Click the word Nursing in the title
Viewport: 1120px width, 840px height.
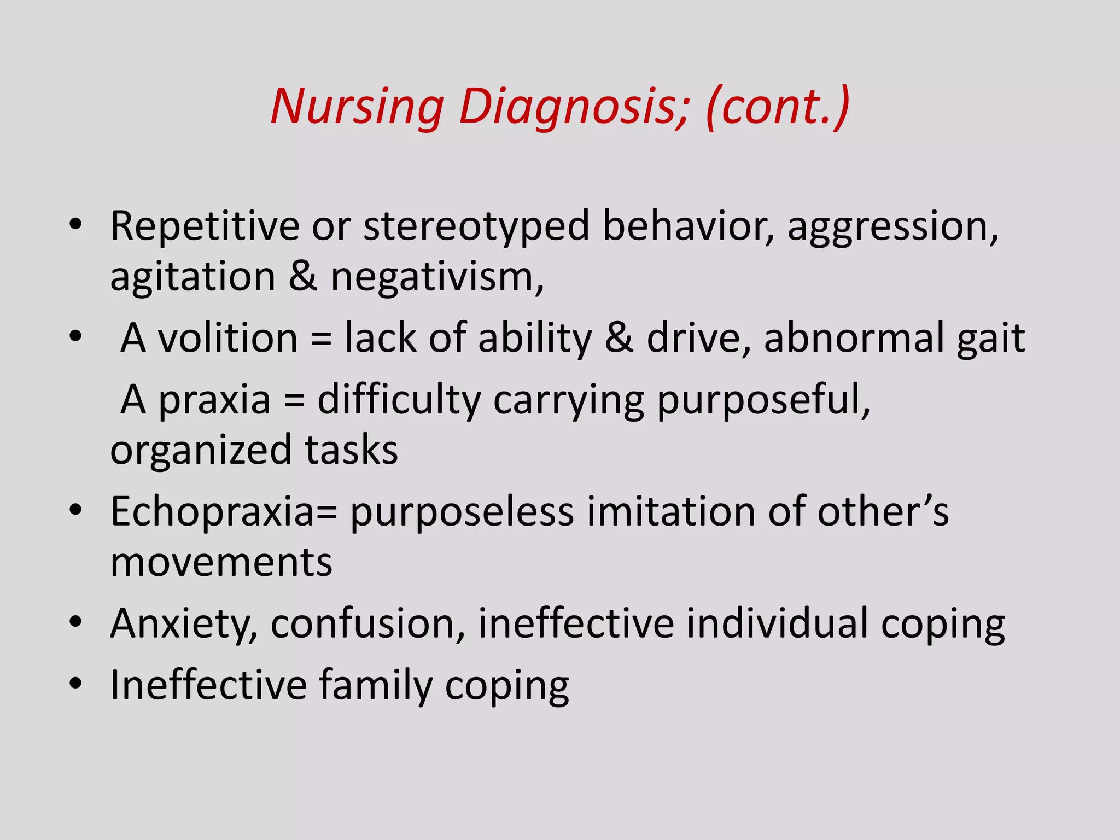(x=357, y=107)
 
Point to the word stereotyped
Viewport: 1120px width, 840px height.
(x=476, y=226)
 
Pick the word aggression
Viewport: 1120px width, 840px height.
(x=892, y=226)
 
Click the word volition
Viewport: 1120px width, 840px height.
(x=227, y=338)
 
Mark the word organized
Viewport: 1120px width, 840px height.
(x=201, y=451)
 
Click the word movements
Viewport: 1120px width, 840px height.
(x=221, y=563)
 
